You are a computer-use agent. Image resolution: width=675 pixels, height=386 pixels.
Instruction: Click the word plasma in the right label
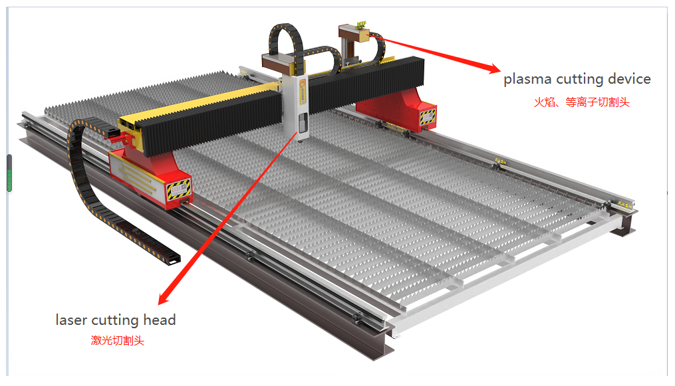click(527, 80)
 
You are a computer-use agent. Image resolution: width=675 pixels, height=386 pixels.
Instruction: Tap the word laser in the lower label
click(71, 320)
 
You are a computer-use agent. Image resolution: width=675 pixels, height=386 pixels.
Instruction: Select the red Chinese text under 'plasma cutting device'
click(582, 102)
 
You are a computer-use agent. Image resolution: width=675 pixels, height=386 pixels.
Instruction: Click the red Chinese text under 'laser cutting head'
click(117, 340)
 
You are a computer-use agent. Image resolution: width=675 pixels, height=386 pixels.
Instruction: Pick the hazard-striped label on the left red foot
click(178, 189)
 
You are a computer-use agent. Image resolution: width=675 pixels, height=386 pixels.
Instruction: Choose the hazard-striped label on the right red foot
click(428, 116)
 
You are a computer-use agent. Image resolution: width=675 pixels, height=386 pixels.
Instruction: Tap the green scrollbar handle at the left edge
click(9, 181)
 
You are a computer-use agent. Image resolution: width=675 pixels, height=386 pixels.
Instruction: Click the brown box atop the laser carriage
click(278, 62)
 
